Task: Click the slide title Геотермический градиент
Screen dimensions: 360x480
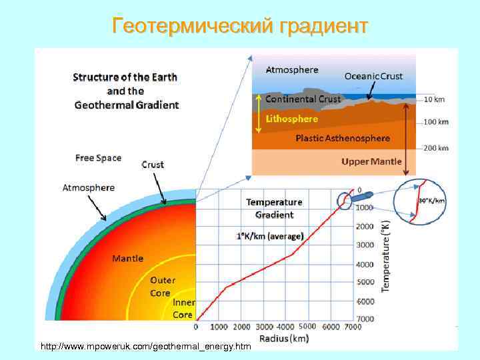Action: (240, 26)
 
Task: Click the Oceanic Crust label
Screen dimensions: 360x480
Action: (373, 76)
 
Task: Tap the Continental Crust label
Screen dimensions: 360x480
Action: (303, 99)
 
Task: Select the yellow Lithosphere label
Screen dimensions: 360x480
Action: (291, 119)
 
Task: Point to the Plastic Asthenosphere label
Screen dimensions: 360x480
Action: (343, 138)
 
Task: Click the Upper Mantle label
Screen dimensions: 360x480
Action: (371, 161)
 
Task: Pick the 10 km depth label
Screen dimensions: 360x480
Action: (434, 99)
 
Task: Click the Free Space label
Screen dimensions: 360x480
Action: (98, 158)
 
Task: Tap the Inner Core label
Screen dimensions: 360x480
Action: (183, 309)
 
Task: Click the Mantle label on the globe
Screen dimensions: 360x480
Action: (127, 258)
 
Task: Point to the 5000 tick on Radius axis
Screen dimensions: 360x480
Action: (307, 327)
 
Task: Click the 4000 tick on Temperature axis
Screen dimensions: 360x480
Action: (365, 265)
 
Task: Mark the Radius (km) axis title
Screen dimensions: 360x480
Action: (284, 338)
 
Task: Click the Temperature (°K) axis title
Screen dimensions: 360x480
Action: (386, 256)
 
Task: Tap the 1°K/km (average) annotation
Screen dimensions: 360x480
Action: (270, 236)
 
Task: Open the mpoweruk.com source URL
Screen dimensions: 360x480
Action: (146, 347)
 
